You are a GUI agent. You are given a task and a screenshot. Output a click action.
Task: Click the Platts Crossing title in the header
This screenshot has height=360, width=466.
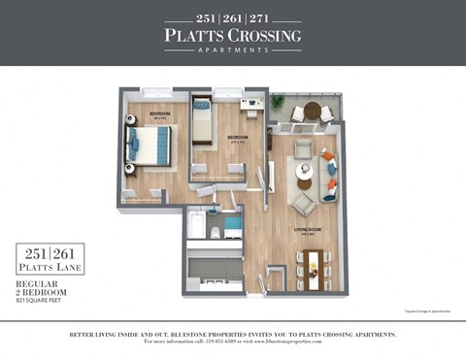click(232, 36)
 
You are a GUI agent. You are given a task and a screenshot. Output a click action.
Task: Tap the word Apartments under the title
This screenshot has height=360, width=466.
click(232, 50)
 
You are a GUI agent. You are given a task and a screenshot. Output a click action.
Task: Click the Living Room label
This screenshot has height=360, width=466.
click(308, 230)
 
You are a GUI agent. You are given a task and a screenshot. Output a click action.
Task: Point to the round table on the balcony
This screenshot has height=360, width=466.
click(311, 110)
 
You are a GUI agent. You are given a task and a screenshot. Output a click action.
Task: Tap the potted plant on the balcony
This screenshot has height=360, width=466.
click(278, 100)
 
